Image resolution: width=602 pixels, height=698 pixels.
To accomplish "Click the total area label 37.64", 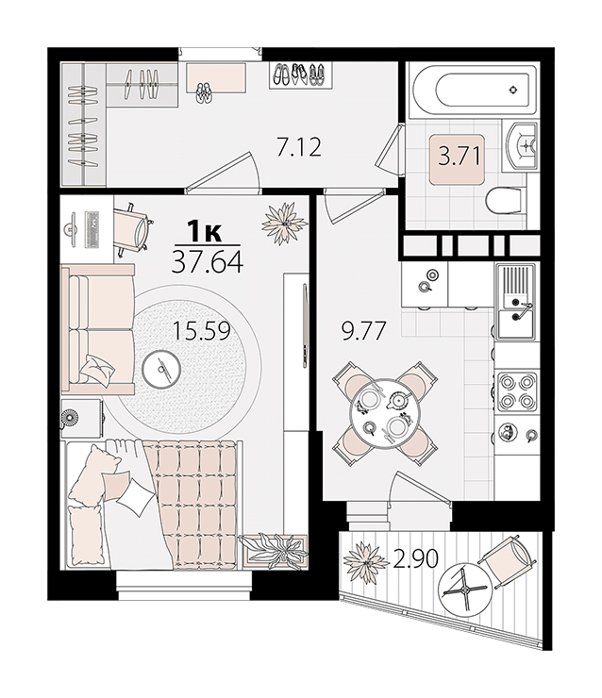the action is pos(208,262).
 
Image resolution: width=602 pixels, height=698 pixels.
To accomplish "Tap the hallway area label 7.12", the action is pos(299,148).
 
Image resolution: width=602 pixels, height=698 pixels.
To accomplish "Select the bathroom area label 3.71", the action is pos(460,157).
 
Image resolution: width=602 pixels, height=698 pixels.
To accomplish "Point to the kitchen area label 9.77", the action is pos(363,331).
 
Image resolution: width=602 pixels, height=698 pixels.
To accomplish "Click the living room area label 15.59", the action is pos(201,331).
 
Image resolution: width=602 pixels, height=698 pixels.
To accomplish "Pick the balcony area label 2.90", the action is pos(415,558).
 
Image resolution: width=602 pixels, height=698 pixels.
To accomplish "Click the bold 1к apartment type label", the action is pos(204,231).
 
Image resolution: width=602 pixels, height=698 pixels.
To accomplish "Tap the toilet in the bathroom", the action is pos(505,202).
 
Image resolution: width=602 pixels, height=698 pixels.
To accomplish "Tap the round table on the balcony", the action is pos(465,590).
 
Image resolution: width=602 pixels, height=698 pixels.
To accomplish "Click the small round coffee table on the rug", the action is pos(161,369).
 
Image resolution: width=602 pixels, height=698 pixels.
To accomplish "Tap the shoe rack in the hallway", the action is pos(301,75).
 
